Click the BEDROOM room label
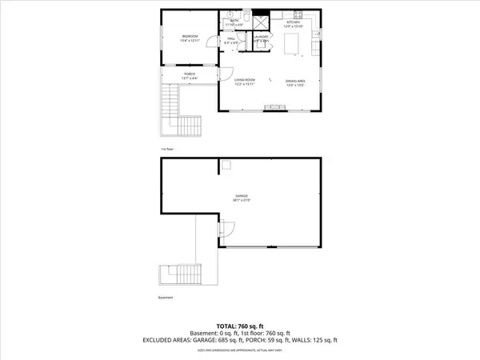click(190, 38)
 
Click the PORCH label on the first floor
click(190, 75)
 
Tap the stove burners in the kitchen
click(298, 15)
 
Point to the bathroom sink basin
click(228, 14)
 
